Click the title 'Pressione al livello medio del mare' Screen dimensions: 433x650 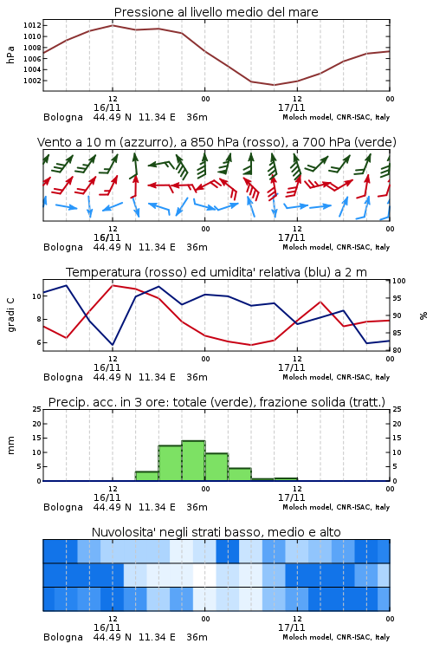216,12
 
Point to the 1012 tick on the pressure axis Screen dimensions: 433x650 32,25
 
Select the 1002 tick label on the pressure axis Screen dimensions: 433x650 32,81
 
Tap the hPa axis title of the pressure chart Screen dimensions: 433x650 10,55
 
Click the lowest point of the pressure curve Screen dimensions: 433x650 274,85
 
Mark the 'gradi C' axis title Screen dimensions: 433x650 10,315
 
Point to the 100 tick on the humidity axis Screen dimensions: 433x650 399,281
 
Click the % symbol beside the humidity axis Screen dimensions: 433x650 423,315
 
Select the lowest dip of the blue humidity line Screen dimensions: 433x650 113,345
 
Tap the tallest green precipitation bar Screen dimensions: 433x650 193,461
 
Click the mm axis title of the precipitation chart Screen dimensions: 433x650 10,445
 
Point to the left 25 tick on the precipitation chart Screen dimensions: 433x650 36,409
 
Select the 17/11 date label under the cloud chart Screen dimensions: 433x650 291,627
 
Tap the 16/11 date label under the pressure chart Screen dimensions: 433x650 107,107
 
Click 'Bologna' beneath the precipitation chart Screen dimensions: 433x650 63,507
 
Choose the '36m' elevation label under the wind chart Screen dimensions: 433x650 197,247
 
